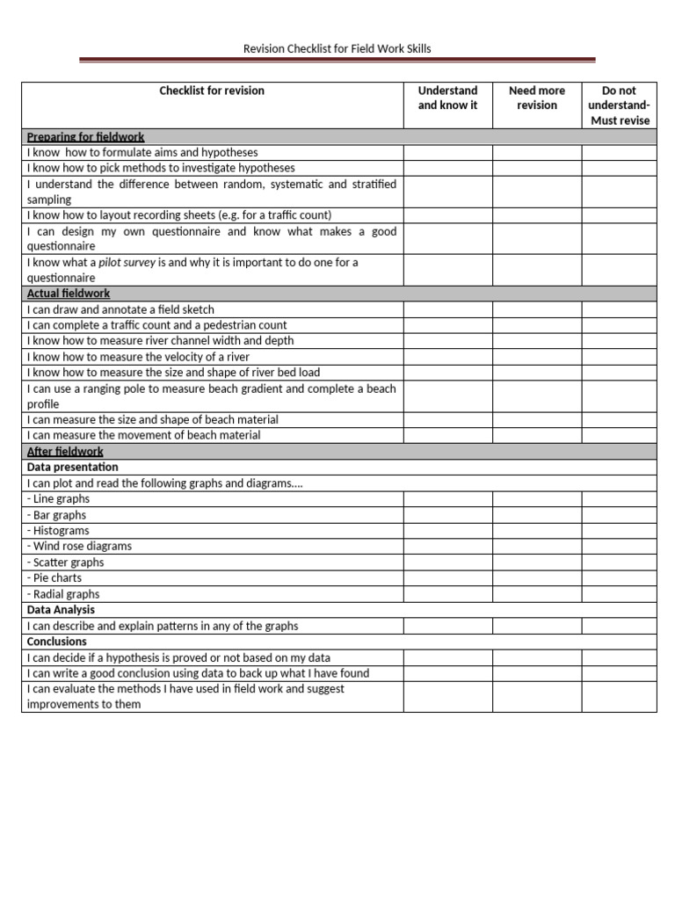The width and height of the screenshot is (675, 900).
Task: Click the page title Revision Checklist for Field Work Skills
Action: (337, 48)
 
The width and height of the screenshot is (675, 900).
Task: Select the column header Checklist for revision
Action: (212, 91)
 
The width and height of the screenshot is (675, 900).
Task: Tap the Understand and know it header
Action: (447, 98)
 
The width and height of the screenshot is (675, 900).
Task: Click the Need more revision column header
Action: (536, 98)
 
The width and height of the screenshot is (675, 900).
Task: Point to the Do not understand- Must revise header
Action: (619, 105)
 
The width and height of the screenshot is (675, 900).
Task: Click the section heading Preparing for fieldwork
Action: (86, 137)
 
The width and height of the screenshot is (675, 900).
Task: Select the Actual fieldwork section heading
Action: (69, 294)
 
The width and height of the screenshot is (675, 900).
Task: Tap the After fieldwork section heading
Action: (65, 452)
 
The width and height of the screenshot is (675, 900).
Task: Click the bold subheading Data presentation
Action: (73, 468)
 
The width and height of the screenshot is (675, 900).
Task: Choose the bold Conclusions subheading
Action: (57, 642)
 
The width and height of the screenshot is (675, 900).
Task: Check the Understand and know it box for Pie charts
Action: (447, 578)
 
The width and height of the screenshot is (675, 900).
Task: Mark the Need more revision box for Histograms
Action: (536, 531)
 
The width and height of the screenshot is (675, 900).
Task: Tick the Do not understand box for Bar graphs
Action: (619, 515)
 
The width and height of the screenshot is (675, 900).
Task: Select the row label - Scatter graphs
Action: (66, 562)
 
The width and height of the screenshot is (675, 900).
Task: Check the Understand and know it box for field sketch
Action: (447, 309)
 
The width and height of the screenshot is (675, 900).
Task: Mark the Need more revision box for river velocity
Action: (536, 357)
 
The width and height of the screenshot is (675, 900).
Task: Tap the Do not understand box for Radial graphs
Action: (619, 594)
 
